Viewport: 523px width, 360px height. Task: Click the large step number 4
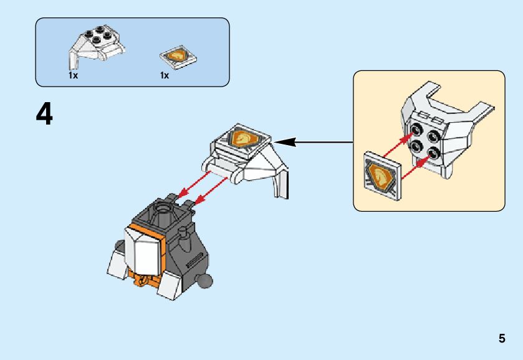(x=44, y=115)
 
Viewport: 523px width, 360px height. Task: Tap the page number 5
(x=501, y=339)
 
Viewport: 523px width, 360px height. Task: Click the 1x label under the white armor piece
(x=74, y=75)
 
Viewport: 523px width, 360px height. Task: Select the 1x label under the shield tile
(x=165, y=75)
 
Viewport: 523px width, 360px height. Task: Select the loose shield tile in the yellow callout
(x=380, y=176)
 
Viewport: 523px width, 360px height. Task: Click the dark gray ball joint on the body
(x=205, y=281)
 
